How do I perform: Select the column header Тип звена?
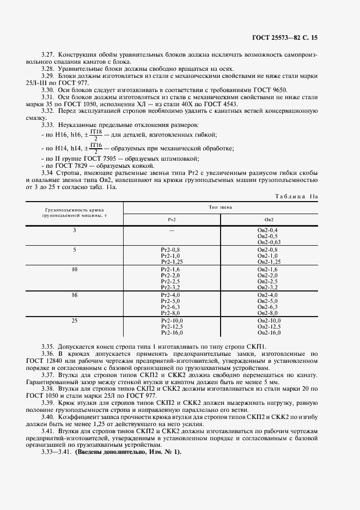219,207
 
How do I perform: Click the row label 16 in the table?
75,295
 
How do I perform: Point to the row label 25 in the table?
75,320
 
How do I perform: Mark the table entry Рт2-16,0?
172,332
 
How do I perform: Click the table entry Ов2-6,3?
267,307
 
